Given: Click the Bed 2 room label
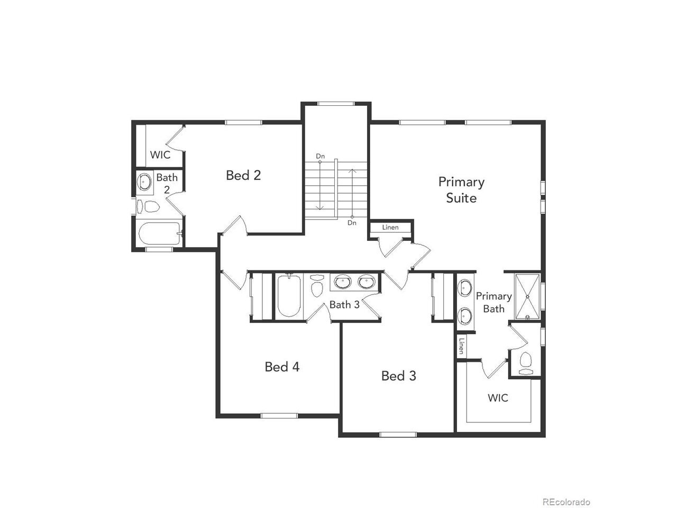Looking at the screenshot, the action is pos(243,175).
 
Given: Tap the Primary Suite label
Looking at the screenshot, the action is pos(461,189).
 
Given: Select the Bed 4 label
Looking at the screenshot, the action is pos(282,367).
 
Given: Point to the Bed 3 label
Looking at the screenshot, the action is pos(398,376).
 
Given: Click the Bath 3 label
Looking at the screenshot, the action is pos(344,305).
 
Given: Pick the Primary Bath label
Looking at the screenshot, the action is pos(494,302).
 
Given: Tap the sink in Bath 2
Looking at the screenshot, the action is pos(144,182).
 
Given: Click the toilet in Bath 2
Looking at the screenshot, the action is pos(148,206).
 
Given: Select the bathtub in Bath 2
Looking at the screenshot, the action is pos(159,233).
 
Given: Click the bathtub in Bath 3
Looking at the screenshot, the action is pos(289,295).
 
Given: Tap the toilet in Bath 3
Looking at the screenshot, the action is pos(317,285).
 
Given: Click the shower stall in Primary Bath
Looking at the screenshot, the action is pos(527,296).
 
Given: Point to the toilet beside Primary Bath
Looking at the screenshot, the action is pos(526,364).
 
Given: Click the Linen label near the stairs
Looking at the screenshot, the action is pos(390,228).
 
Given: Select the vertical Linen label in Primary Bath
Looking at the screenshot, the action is pos(461,346).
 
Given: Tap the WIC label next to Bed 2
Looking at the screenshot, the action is pos(160,155).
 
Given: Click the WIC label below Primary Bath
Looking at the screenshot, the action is pos(498,398).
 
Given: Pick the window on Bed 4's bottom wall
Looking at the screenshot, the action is pos(279,416).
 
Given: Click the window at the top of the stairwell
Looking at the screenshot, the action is pos(336,104).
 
